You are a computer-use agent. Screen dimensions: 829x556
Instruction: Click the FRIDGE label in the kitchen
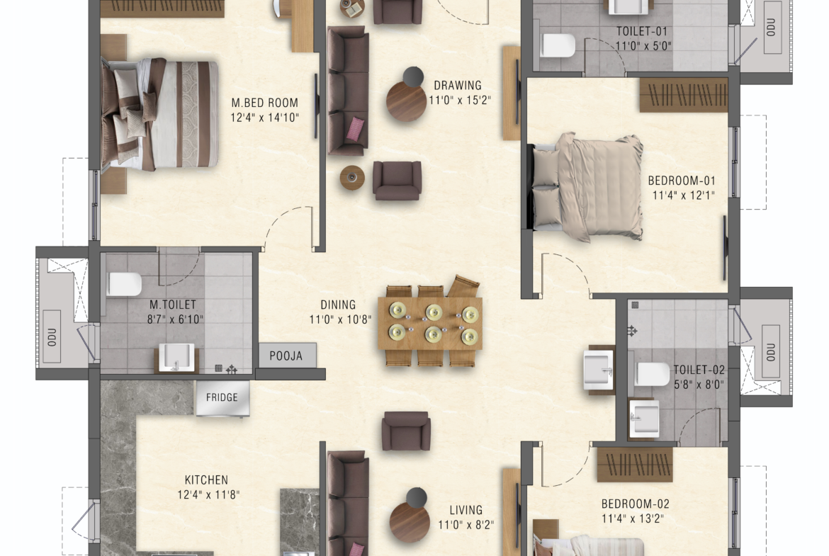222,397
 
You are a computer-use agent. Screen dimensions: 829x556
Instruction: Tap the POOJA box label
286,356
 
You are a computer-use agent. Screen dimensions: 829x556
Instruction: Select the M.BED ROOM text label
264,103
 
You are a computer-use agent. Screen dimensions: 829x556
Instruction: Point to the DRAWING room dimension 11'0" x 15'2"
459,100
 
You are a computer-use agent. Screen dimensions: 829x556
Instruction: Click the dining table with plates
430,323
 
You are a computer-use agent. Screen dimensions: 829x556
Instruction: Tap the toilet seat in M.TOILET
124,284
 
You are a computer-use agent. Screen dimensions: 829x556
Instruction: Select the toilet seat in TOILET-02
653,374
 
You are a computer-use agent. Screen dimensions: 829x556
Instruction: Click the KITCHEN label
206,480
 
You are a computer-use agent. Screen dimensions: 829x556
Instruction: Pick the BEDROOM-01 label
682,181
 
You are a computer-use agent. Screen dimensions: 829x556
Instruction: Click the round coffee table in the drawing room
406,101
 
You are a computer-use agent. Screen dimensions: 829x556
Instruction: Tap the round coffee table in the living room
410,522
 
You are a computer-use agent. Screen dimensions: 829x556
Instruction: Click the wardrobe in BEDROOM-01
684,95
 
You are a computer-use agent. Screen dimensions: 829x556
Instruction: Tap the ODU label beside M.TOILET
52,336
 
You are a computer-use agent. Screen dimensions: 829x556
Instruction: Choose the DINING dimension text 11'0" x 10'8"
340,319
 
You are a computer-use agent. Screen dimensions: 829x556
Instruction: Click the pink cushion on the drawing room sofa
355,129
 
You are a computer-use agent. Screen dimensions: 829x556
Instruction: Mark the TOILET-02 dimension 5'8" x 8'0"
699,384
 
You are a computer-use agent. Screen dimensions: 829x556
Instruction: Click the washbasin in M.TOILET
176,358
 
